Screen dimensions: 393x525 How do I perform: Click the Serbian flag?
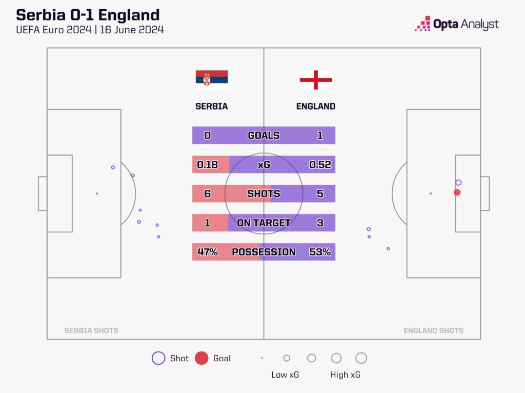pyautogui.click(x=212, y=80)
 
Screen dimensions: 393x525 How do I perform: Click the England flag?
pyautogui.click(x=316, y=80)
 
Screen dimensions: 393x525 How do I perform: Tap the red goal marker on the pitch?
pyautogui.click(x=457, y=192)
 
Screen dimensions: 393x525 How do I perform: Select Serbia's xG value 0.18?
pyautogui.click(x=208, y=165)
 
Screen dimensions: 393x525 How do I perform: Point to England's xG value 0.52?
pyautogui.click(x=320, y=165)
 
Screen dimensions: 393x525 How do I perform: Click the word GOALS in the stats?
pyautogui.click(x=264, y=136)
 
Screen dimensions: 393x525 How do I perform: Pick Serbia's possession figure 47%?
pyautogui.click(x=208, y=252)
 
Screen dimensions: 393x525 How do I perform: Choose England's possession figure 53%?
pyautogui.click(x=320, y=252)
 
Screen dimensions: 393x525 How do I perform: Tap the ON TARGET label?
pyautogui.click(x=264, y=223)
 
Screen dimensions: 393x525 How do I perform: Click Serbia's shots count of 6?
pyautogui.click(x=207, y=194)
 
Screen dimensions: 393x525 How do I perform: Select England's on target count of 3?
pyautogui.click(x=320, y=223)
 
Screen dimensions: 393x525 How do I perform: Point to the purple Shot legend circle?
pyautogui.click(x=158, y=358)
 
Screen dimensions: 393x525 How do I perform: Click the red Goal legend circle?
pyautogui.click(x=201, y=358)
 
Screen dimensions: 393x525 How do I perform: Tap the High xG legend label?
pyautogui.click(x=345, y=375)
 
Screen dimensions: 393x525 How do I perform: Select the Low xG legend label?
pyautogui.click(x=285, y=375)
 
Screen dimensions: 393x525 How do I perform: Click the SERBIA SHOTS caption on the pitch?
pyautogui.click(x=91, y=331)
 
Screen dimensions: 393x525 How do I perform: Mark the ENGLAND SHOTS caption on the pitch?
pyautogui.click(x=433, y=331)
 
